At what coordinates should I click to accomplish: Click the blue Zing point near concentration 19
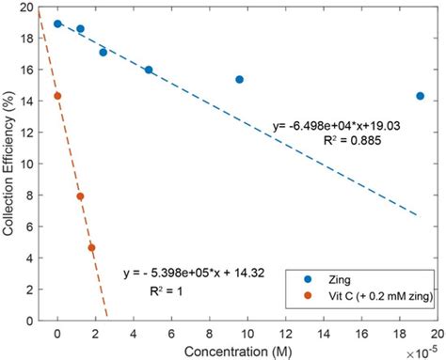pos(421,96)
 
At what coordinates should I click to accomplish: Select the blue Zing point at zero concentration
pos(57,23)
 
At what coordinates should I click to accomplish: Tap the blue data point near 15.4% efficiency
pos(240,80)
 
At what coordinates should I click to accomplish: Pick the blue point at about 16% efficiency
pos(149,70)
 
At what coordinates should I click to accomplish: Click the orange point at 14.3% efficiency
pos(57,96)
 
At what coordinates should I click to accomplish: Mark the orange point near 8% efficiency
pos(80,196)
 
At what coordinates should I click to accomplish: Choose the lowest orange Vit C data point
pos(91,248)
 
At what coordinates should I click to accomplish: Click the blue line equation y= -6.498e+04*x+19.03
pos(337,126)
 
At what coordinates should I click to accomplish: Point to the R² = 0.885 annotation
pos(353,140)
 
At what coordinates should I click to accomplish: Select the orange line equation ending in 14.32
pos(194,274)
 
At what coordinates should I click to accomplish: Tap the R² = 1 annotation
pos(167,291)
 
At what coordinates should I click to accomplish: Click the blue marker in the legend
pos(308,279)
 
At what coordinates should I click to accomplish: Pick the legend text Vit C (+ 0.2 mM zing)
pos(381,296)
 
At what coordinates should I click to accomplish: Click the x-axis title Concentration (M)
pos(238,352)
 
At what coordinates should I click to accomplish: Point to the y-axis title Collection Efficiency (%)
pos(8,164)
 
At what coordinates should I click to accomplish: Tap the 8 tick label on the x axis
pos(210,334)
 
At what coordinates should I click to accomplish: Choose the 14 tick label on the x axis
pos(324,334)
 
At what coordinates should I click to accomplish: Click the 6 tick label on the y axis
pos(30,227)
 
